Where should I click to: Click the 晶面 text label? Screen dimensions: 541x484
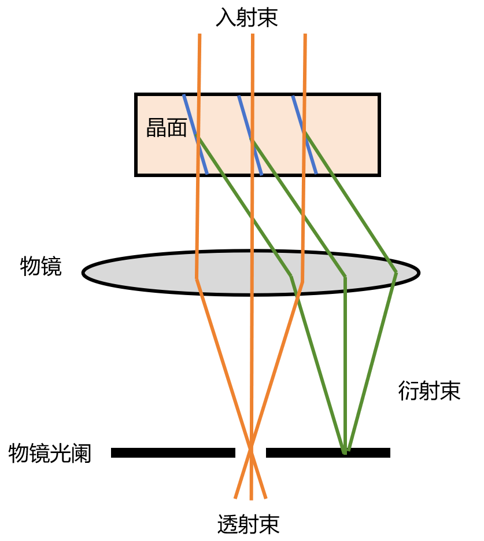pos(167,128)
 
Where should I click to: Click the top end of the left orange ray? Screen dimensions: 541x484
pos(199,35)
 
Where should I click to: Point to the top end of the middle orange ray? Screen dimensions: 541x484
pos(252,35)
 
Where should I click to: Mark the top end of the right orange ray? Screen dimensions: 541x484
pos(305,35)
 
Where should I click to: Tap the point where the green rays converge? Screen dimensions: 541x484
pos(345,452)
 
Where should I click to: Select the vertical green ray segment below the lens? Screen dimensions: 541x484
pos(345,365)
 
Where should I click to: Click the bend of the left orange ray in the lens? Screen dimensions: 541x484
pos(197,279)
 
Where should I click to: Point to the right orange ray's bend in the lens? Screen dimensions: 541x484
pos(302,282)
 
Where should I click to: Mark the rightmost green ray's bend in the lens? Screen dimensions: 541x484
pos(396,273)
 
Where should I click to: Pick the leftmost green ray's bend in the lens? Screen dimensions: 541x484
pos(291,277)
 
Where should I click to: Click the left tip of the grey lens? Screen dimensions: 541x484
pos(86,273)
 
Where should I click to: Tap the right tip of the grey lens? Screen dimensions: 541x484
pos(416,273)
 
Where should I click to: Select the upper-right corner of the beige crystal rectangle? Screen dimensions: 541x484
pos(377,97)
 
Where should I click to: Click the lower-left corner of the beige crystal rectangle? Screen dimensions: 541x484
pos(138,173)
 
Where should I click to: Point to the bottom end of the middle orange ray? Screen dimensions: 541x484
pos(251,499)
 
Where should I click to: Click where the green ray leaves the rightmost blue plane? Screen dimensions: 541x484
pos(305,134)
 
